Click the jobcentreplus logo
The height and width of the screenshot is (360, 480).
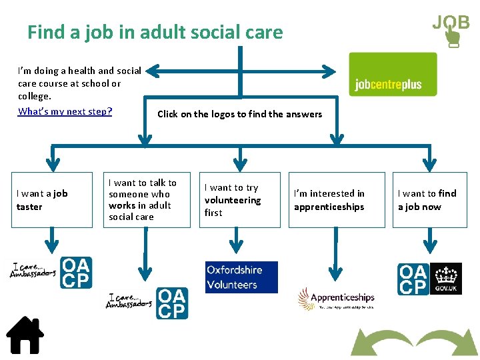tap(393, 75)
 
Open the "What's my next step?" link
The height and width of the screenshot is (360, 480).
tap(65, 111)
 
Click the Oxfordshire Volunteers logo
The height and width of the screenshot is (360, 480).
tap(241, 277)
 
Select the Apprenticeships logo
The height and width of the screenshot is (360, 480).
tap(336, 298)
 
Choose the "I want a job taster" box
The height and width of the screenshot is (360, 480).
tap(52, 200)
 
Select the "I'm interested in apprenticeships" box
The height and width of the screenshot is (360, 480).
tap(337, 200)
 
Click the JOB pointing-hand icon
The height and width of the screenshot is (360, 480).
tap(451, 29)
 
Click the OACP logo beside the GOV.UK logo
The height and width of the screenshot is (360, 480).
tap(413, 279)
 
